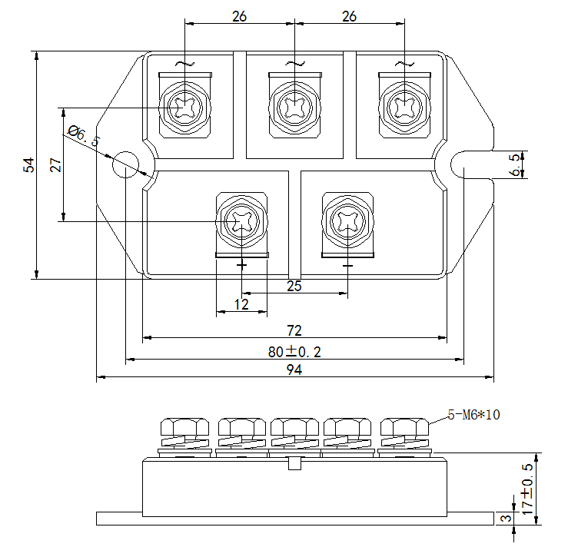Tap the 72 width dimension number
point(294,330)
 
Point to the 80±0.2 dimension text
point(294,352)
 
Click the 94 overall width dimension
point(294,370)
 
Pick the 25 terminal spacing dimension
point(294,287)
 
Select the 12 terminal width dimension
point(241,305)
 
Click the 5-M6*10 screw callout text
point(474,415)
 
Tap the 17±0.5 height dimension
point(527,489)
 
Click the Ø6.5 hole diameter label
point(84,136)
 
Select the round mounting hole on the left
point(125,164)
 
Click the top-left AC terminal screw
point(185,106)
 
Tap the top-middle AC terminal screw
point(294,106)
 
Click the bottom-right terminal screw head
point(347,222)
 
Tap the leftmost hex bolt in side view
point(184,429)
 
